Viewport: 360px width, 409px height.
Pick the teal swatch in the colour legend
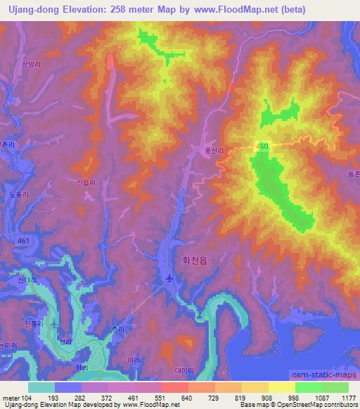click(41, 387)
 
